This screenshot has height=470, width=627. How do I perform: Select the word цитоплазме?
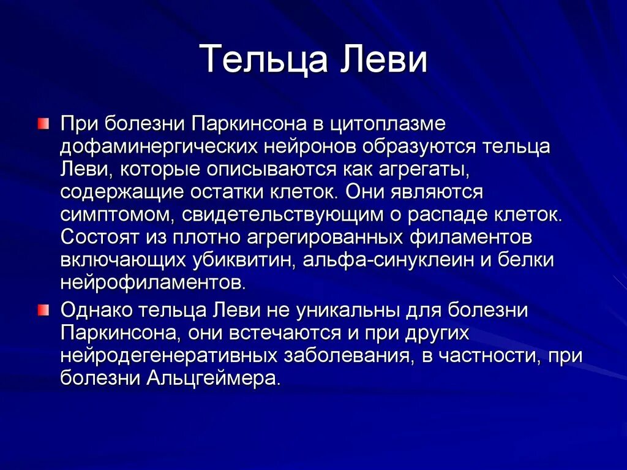point(394,124)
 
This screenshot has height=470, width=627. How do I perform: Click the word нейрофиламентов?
point(153,282)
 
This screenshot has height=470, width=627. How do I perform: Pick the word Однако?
point(95,310)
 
